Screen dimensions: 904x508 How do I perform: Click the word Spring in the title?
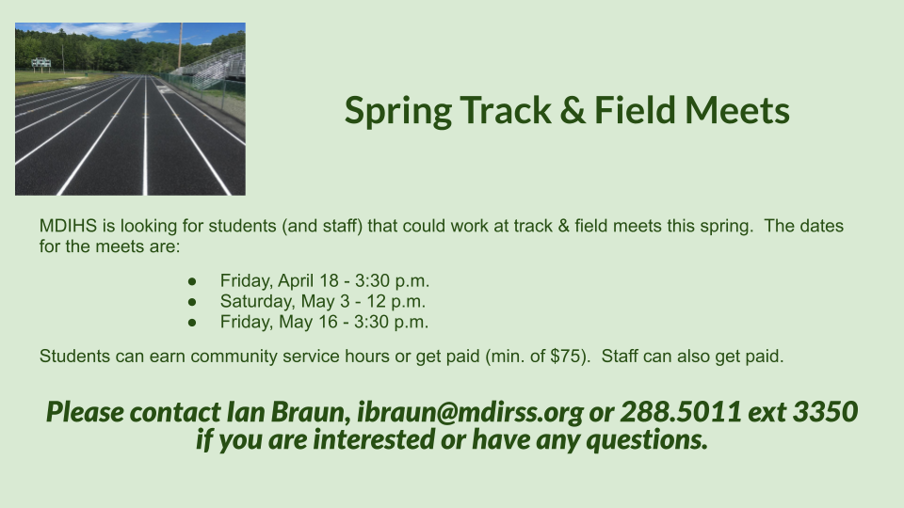pos(397,112)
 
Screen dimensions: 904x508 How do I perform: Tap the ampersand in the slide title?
pos(572,110)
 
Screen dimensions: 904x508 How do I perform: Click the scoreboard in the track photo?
pos(40,63)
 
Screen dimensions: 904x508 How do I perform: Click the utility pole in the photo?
pos(180,45)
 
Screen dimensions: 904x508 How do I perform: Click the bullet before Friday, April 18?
pos(192,281)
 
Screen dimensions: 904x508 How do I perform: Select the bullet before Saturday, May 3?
pos(192,302)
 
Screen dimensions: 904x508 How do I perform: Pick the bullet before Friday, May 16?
pos(192,323)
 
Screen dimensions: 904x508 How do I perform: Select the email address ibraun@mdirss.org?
pos(471,412)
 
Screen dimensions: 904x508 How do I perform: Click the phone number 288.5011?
pos(681,411)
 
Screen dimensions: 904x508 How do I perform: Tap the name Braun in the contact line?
pos(311,412)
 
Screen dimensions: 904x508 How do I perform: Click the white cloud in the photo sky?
pos(106,29)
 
